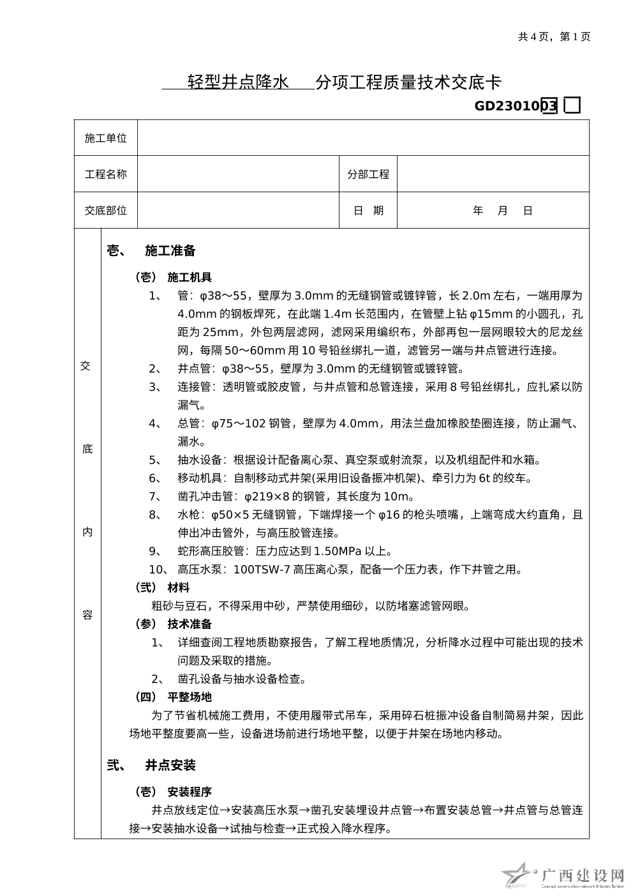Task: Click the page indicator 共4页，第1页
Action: point(554,36)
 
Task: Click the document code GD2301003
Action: point(516,106)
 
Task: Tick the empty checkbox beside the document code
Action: point(572,105)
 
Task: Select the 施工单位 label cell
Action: point(106,138)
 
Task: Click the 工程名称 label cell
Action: point(106,174)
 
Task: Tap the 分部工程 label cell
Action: point(368,174)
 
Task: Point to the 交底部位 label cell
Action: point(106,211)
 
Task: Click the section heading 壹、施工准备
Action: point(151,251)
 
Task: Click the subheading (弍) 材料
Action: point(162,588)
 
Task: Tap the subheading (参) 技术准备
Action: point(173,624)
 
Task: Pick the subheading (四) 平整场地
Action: point(173,697)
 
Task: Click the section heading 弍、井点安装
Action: point(151,765)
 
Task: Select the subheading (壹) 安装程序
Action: point(173,792)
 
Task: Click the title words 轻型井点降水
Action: point(238,82)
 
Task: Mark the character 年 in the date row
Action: point(478,211)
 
